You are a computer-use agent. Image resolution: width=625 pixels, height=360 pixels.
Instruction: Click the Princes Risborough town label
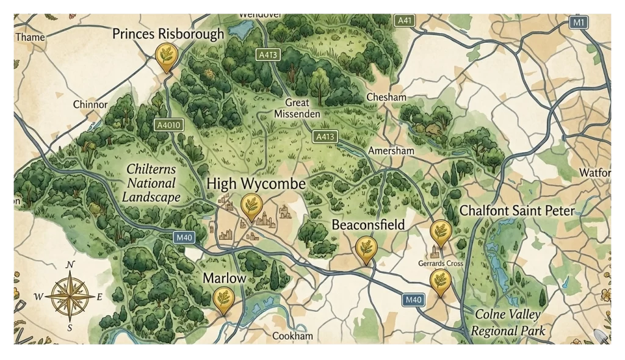pyautogui.click(x=168, y=34)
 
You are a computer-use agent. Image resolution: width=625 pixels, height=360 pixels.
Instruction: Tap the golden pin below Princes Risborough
pyautogui.click(x=165, y=56)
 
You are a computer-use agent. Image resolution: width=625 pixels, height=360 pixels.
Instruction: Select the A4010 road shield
pyautogui.click(x=169, y=125)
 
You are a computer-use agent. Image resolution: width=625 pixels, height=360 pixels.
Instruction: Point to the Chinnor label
pyautogui.click(x=90, y=104)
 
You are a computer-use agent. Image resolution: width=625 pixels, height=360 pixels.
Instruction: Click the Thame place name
pyautogui.click(x=30, y=37)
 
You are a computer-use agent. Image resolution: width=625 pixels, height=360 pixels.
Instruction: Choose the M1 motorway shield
pyautogui.click(x=579, y=23)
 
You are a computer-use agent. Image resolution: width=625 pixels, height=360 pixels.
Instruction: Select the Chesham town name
pyautogui.click(x=386, y=97)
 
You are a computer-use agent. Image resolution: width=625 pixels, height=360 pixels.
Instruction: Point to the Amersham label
pyautogui.click(x=391, y=151)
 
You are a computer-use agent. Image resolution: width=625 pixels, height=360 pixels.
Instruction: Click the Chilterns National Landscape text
pyautogui.click(x=151, y=183)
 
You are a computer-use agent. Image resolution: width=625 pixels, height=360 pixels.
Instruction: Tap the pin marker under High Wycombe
pyautogui.click(x=250, y=206)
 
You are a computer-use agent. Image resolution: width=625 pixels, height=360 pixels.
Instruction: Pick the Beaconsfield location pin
pyautogui.click(x=366, y=248)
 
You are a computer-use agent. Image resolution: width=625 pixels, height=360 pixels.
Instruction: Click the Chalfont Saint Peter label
pyautogui.click(x=517, y=211)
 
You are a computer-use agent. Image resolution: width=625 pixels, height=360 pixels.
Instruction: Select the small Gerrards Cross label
pyautogui.click(x=440, y=264)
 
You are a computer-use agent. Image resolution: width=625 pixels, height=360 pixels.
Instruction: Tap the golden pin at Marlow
pyautogui.click(x=225, y=300)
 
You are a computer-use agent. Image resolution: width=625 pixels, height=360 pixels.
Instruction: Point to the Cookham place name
pyautogui.click(x=292, y=336)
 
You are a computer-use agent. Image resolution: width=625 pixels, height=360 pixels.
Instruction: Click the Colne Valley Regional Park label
pyautogui.click(x=510, y=323)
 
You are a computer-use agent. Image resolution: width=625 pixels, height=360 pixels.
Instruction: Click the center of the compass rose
pyautogui.click(x=70, y=297)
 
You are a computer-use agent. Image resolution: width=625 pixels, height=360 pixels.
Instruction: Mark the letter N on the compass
pyautogui.click(x=70, y=264)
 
